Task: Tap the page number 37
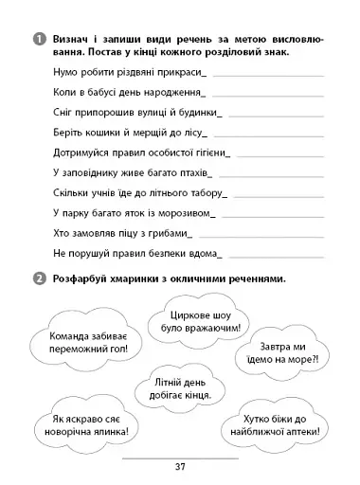[x=180, y=465]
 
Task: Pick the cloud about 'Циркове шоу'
[x=204, y=322]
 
